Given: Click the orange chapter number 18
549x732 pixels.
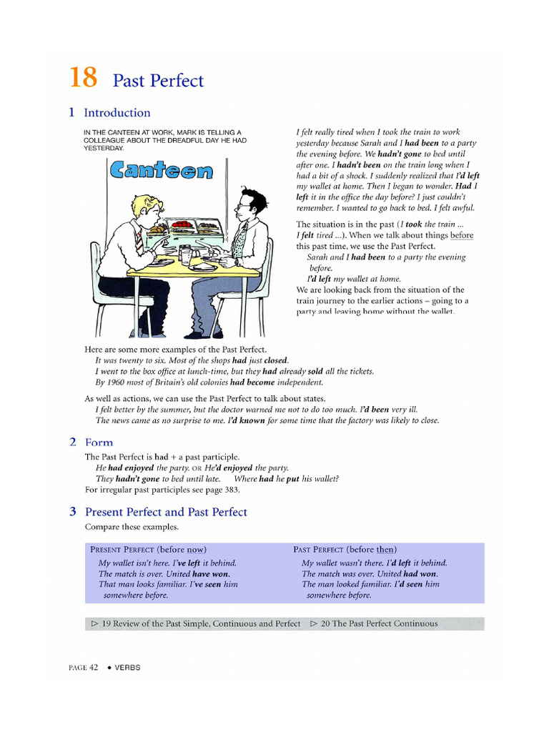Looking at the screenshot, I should [83, 78].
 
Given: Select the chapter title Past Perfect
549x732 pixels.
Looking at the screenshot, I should [158, 81].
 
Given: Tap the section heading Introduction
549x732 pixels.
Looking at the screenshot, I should [117, 113].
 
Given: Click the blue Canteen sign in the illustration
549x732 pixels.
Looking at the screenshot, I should [162, 170].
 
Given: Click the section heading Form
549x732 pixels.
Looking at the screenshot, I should [99, 442].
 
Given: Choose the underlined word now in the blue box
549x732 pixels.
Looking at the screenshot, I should [195, 550].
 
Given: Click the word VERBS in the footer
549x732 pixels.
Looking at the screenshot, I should [128, 668].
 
